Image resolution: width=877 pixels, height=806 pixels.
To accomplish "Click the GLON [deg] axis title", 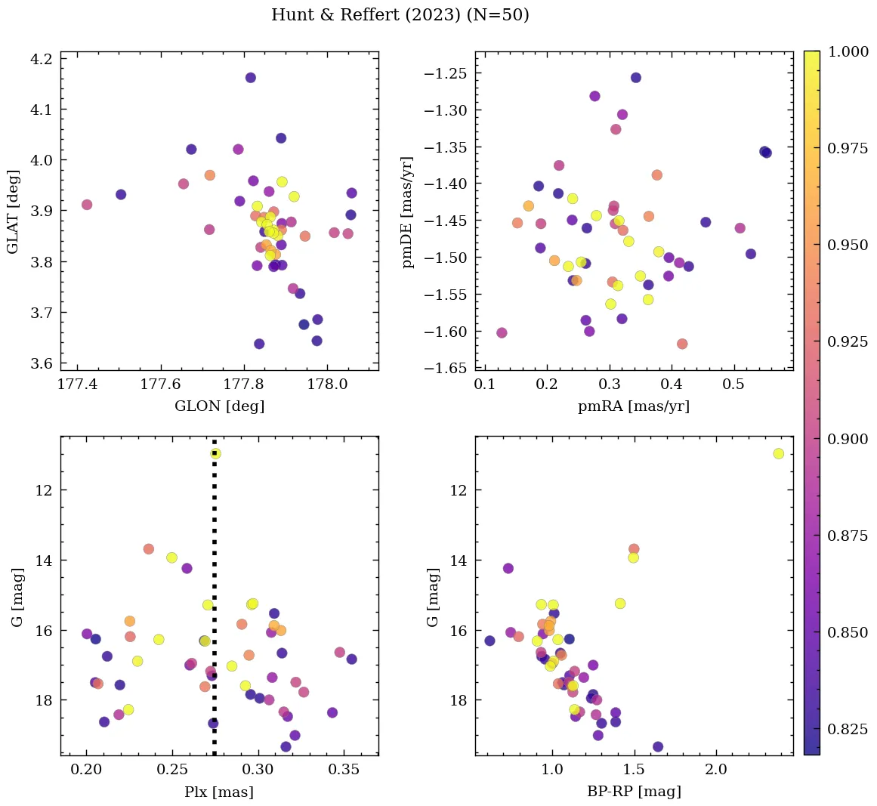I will (219, 406).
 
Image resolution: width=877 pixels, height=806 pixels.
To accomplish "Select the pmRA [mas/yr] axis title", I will (633, 406).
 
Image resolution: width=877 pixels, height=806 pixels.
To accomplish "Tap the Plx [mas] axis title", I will (219, 792).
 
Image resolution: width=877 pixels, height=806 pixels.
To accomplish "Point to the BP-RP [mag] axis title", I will (633, 792).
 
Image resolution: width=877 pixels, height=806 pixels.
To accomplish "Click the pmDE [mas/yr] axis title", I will (409, 212).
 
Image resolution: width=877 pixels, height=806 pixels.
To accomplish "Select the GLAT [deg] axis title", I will (13, 212).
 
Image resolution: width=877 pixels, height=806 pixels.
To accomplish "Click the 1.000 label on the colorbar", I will (847, 51).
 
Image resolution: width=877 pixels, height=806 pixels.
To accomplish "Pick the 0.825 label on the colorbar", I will (847, 729).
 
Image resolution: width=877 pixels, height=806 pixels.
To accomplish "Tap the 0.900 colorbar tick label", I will (847, 439).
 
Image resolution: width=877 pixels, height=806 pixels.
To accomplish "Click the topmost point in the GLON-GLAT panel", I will (251, 78).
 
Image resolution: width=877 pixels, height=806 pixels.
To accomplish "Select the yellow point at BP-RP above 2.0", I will (778, 453).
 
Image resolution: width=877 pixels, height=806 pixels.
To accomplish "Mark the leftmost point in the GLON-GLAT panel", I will (87, 205).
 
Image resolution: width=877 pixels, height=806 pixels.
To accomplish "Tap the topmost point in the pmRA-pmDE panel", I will (636, 78).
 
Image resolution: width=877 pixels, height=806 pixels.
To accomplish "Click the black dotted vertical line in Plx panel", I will (215, 604).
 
